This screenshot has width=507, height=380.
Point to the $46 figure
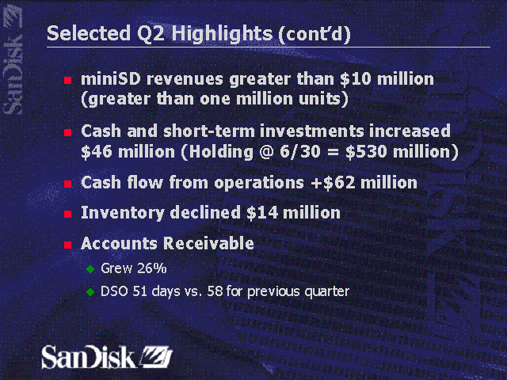98,150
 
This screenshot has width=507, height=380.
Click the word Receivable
209,243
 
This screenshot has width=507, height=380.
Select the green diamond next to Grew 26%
90,269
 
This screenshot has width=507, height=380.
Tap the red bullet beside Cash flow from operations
68,184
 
